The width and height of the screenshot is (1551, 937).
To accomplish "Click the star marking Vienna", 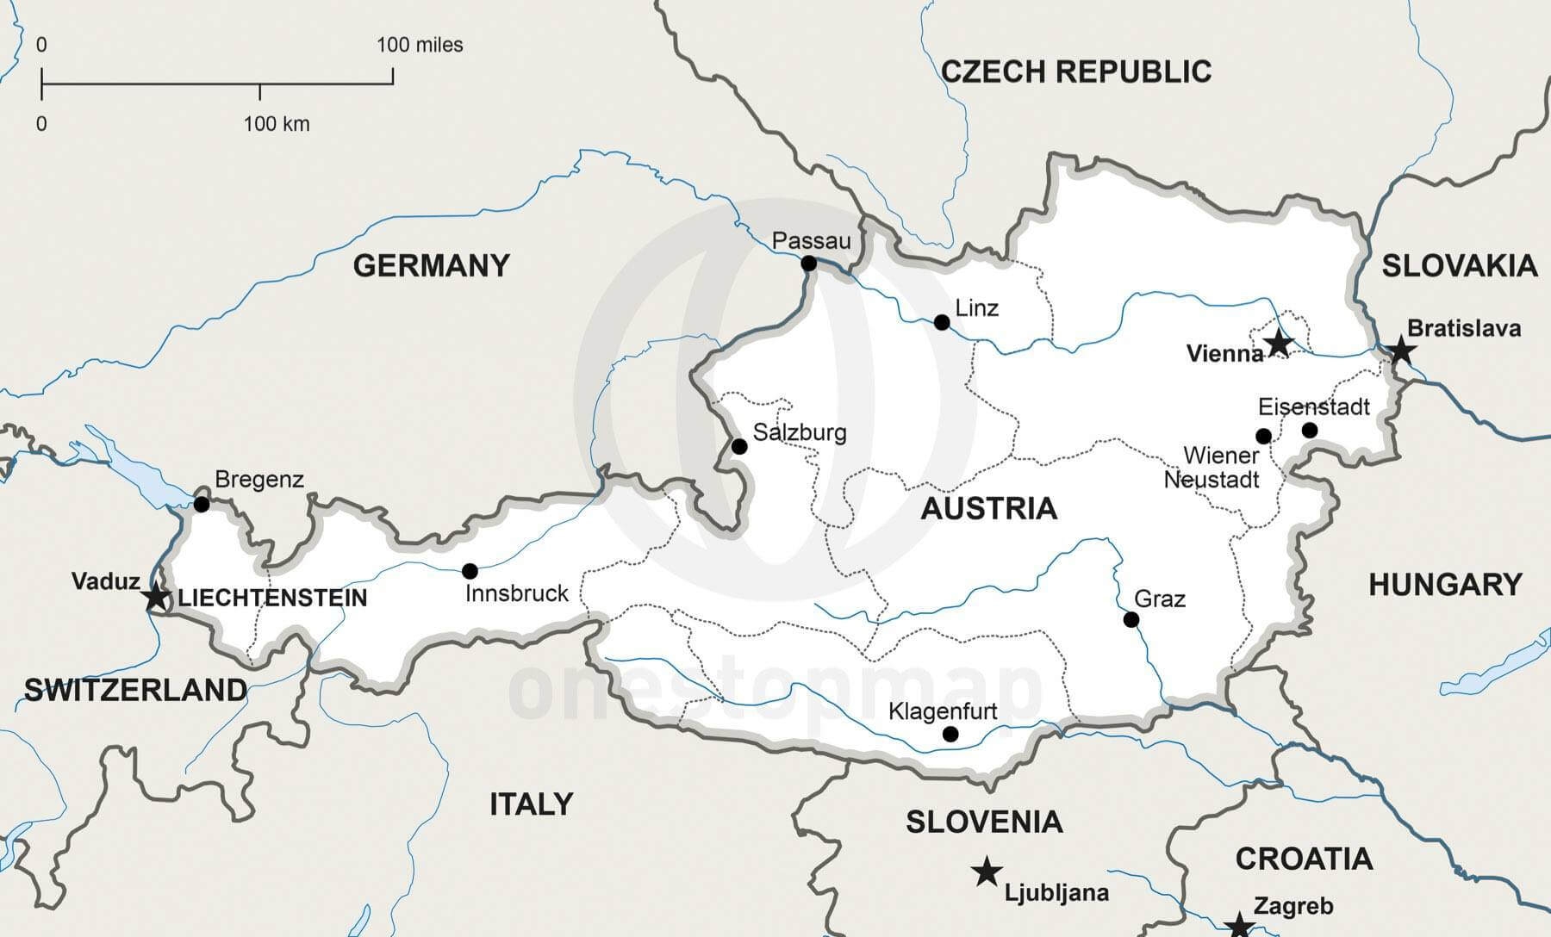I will click(1279, 344).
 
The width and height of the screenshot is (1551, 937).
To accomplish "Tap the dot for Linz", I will click(942, 322).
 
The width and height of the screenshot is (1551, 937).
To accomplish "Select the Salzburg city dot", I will click(739, 446).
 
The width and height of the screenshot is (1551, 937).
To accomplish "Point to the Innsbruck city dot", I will click(470, 571).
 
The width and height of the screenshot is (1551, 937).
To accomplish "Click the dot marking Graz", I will click(1131, 619).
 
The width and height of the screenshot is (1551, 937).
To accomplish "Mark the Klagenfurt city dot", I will click(950, 734).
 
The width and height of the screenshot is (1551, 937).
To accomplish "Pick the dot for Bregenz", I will click(202, 504).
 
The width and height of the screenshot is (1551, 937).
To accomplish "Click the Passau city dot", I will click(809, 264).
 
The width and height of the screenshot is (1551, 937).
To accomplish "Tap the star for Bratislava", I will click(1402, 350).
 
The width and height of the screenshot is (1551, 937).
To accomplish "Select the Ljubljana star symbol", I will click(987, 872).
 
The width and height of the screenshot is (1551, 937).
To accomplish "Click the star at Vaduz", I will click(157, 596).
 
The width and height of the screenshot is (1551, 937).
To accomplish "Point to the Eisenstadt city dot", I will click(1310, 430).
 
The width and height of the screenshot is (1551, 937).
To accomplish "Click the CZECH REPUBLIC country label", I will click(1076, 71).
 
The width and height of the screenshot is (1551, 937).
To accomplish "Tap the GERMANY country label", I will click(432, 265).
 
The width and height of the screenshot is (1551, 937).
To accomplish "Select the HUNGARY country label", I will click(1445, 585).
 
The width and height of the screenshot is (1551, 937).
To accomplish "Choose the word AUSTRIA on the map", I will click(988, 508).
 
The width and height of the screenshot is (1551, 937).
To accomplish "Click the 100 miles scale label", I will click(420, 45).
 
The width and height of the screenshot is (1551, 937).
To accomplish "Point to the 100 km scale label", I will click(276, 124).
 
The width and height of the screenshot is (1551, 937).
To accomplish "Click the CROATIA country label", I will click(1304, 859).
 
